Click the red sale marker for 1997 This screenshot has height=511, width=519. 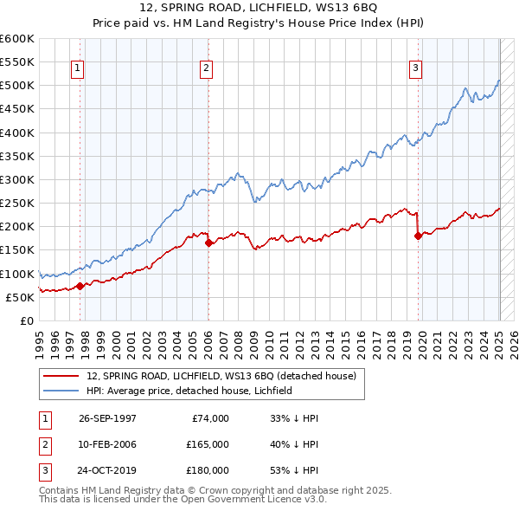[x=80, y=285]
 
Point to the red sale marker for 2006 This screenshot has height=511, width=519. [x=208, y=243]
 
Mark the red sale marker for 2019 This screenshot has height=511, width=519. [x=419, y=235]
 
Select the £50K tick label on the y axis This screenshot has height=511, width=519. [x=21, y=297]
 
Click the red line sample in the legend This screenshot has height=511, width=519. [x=61, y=376]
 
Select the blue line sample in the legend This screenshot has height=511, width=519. [x=61, y=391]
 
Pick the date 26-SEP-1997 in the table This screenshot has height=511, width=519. [x=107, y=418]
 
